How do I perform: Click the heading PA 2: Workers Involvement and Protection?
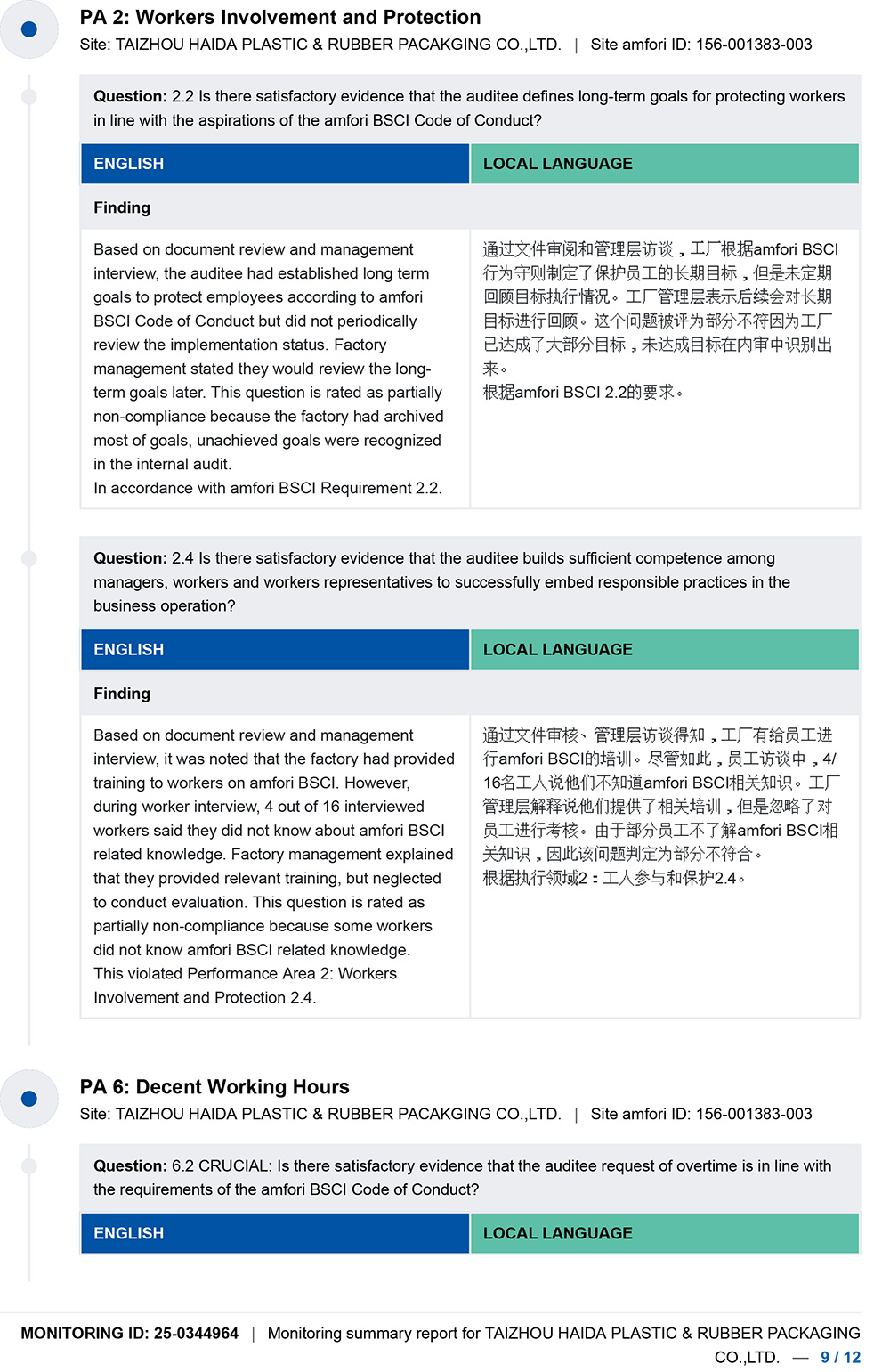pyautogui.click(x=280, y=18)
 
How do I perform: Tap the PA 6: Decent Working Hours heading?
pyautogui.click(x=214, y=1087)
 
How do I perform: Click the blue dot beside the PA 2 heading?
pyautogui.click(x=28, y=29)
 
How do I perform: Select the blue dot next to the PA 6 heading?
pyautogui.click(x=28, y=1099)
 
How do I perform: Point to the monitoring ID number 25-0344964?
pyautogui.click(x=196, y=1334)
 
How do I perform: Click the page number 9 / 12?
pyautogui.click(x=840, y=1358)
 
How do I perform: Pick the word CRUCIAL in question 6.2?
pyautogui.click(x=234, y=1166)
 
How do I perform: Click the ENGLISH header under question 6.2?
pyautogui.click(x=129, y=1234)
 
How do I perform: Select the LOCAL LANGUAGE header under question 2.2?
pyautogui.click(x=558, y=164)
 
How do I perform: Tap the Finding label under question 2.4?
pyautogui.click(x=122, y=694)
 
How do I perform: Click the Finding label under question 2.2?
pyautogui.click(x=122, y=207)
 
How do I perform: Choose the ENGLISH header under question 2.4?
pyautogui.click(x=129, y=650)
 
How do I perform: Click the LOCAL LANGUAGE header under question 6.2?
pyautogui.click(x=558, y=1234)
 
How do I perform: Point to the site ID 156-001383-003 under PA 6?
pyautogui.click(x=754, y=1115)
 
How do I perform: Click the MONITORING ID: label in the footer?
pyautogui.click(x=85, y=1334)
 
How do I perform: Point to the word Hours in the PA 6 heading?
pyautogui.click(x=322, y=1087)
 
